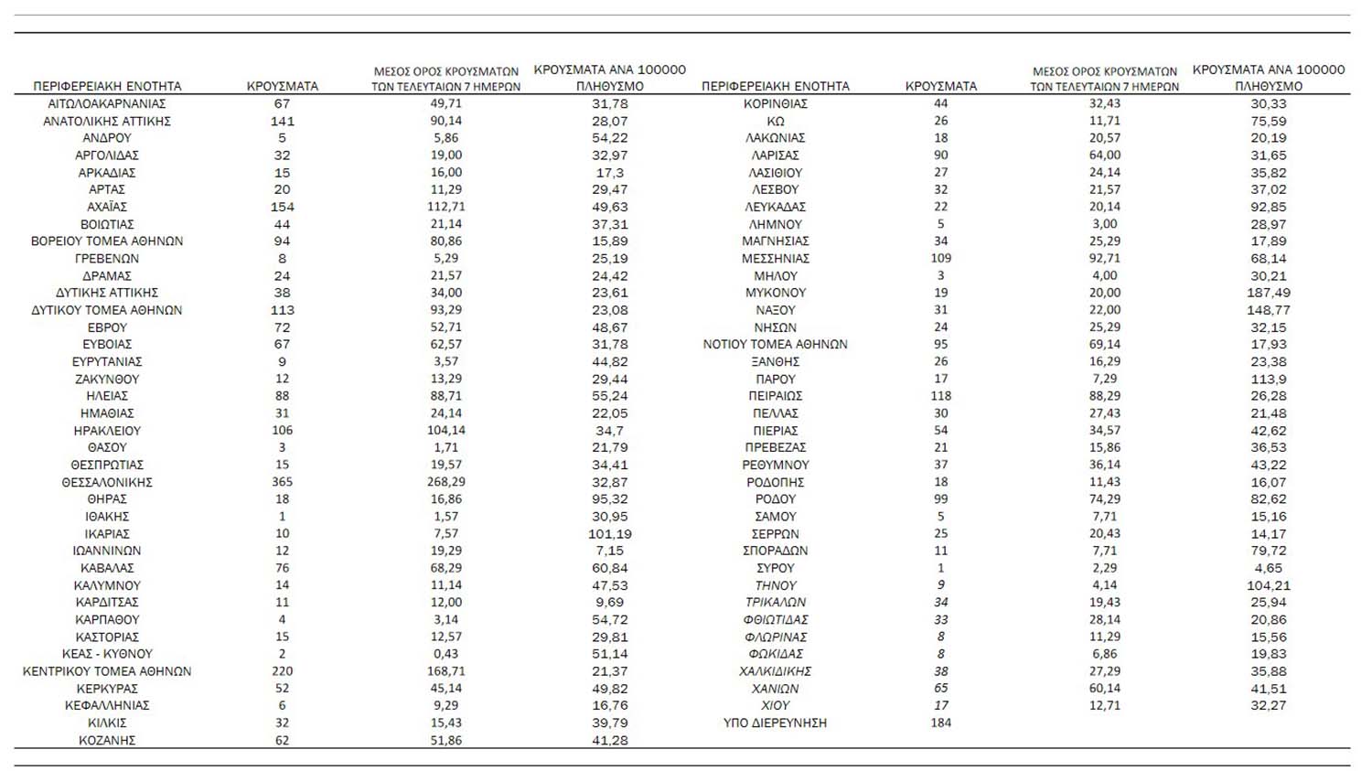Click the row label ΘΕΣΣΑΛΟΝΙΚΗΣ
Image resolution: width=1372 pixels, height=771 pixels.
107,482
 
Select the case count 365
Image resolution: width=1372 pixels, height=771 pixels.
282,482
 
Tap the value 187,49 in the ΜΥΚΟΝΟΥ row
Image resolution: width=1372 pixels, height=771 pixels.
1269,293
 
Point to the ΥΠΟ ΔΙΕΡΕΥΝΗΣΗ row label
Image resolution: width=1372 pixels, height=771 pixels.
775,723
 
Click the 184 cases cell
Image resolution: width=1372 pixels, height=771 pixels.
940,723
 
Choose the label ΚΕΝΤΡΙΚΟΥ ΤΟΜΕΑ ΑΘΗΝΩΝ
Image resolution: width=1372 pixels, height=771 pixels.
107,671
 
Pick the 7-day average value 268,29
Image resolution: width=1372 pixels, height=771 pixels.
445,482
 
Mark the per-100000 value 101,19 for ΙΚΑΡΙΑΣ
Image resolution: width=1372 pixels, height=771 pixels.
610,533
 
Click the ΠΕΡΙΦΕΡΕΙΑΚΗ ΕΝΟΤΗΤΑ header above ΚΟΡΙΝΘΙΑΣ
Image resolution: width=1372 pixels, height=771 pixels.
775,86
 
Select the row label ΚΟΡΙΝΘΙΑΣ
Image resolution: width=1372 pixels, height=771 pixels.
775,103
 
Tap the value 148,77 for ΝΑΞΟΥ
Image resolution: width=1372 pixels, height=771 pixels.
1269,310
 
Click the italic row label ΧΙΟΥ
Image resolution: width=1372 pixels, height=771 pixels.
775,705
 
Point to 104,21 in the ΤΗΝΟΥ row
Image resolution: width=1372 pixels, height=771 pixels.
1269,585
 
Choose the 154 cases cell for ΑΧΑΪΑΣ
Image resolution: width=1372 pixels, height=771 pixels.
282,207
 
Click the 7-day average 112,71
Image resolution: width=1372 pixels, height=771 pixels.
445,207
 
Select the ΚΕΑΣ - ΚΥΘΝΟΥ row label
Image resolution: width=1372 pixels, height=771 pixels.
107,654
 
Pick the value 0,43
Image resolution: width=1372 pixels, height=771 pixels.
445,654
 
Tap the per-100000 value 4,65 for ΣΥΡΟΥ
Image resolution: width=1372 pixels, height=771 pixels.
1269,568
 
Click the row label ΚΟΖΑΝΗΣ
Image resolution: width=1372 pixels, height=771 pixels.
107,740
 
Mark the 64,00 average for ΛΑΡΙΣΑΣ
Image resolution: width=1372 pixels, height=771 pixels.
1104,155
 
